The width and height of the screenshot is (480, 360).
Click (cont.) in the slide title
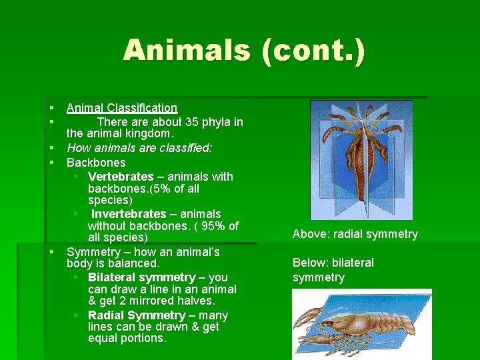pyautogui.click(x=313, y=51)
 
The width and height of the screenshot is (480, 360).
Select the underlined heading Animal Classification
pyautogui.click(x=122, y=108)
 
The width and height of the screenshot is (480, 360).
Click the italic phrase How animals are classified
pyautogui.click(x=139, y=148)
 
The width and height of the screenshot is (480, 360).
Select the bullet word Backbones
pyautogui.click(x=96, y=163)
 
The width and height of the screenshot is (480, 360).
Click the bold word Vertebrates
pyautogui.click(x=121, y=177)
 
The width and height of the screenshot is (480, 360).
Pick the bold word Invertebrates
pyautogui.click(x=129, y=214)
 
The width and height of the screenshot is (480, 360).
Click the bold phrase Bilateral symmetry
pyautogui.click(x=141, y=277)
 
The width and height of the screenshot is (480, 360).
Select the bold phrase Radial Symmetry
pyautogui.click(x=137, y=315)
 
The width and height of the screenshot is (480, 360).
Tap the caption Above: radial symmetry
pyautogui.click(x=355, y=234)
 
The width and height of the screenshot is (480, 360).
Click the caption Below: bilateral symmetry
pyautogui.click(x=333, y=270)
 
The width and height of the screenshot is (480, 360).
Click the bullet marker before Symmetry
pyautogui.click(x=51, y=253)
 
